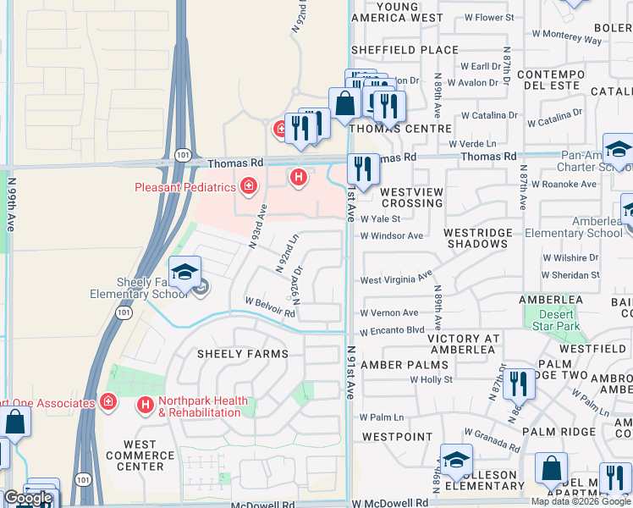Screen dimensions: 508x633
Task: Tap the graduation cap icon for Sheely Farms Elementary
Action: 184,272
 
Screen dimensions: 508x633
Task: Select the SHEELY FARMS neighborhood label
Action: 242,354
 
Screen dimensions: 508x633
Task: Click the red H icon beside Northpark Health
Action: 145,406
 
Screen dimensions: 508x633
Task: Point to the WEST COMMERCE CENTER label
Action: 140,456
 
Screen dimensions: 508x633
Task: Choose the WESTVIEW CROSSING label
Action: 411,198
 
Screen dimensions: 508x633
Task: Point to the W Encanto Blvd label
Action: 391,331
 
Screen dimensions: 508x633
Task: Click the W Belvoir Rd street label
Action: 269,306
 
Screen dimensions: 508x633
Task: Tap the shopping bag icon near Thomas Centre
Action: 345,104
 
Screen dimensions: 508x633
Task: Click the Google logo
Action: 28,498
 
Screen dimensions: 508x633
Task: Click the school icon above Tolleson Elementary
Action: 456,460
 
